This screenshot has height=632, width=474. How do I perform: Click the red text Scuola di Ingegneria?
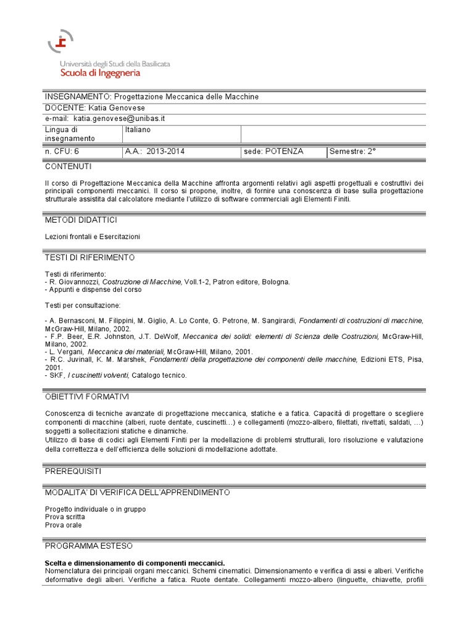tap(100, 73)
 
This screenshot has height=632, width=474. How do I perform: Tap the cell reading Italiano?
tap(138, 130)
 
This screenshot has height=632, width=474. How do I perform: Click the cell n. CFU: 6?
tap(62, 151)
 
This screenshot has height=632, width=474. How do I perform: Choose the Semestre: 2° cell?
tap(353, 151)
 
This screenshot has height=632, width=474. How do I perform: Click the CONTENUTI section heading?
tap(68, 167)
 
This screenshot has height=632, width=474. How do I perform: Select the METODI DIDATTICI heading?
tap(81, 220)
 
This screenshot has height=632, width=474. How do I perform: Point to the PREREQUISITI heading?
tap(73, 471)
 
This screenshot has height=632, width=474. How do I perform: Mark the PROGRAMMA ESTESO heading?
tap(88, 546)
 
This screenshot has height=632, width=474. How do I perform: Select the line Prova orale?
tap(63, 525)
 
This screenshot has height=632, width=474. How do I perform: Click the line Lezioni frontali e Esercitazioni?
tap(93, 236)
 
